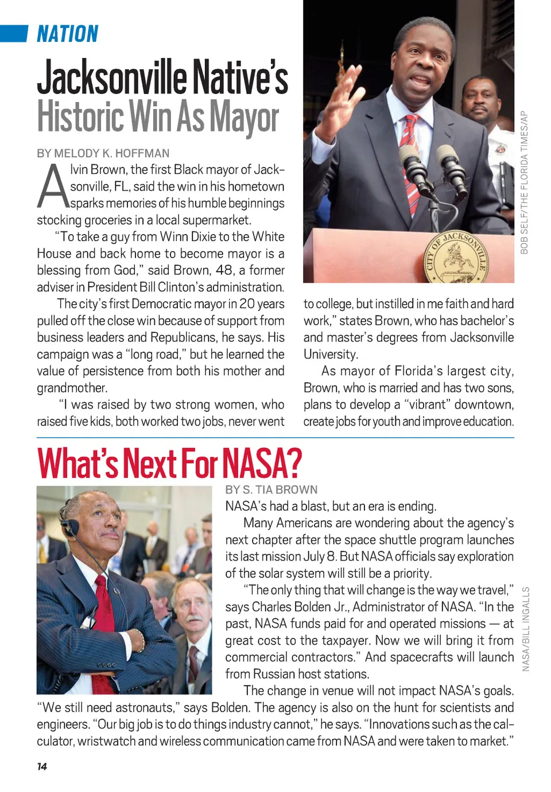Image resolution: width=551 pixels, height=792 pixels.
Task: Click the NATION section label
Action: coord(68,34)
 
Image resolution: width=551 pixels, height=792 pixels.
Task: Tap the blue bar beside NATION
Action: coord(14,34)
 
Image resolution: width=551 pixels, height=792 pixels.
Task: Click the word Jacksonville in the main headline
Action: coord(112,78)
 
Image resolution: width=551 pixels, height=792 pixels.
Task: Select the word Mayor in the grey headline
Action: coord(244,117)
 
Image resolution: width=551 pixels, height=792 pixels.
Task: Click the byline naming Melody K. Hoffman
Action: coord(103,153)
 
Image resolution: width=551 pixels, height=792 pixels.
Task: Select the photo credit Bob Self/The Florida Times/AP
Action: coord(523,182)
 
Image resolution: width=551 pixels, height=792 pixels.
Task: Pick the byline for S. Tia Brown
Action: coord(271,490)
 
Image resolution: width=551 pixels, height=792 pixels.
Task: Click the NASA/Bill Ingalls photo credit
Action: coord(526,629)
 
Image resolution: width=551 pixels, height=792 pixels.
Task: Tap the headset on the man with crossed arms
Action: coord(69,526)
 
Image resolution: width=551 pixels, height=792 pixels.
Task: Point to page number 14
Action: coord(42,767)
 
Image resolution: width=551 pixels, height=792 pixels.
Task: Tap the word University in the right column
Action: coord(331,354)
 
